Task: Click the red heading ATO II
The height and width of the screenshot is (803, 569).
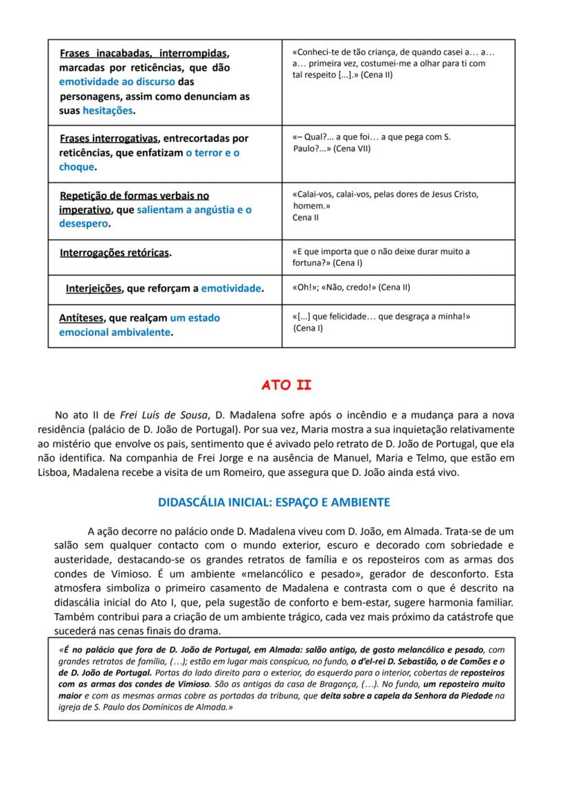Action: point(286,385)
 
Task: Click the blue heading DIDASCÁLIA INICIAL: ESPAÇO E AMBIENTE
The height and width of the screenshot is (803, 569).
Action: point(274,502)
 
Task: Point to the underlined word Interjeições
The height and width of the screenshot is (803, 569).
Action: point(93,289)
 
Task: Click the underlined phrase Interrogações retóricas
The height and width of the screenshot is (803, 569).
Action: point(114,253)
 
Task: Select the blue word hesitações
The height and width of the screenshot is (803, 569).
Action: point(108,111)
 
